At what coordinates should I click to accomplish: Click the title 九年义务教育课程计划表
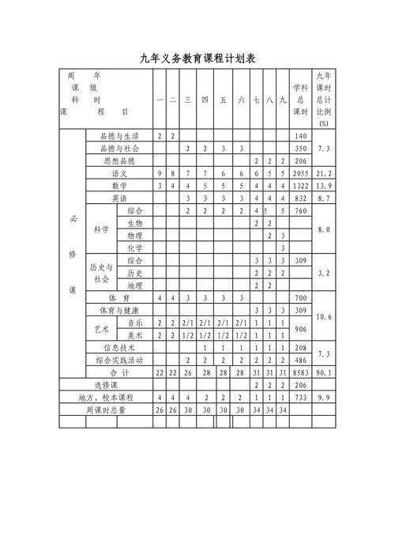197,59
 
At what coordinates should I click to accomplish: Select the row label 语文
119,172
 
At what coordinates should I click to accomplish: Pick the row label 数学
119,185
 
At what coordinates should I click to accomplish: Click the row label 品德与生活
119,136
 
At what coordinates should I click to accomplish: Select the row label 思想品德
119,161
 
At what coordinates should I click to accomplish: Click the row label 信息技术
119,347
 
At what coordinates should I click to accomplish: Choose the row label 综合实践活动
119,359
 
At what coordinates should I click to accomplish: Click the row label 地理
134,285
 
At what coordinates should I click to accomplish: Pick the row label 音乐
134,323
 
